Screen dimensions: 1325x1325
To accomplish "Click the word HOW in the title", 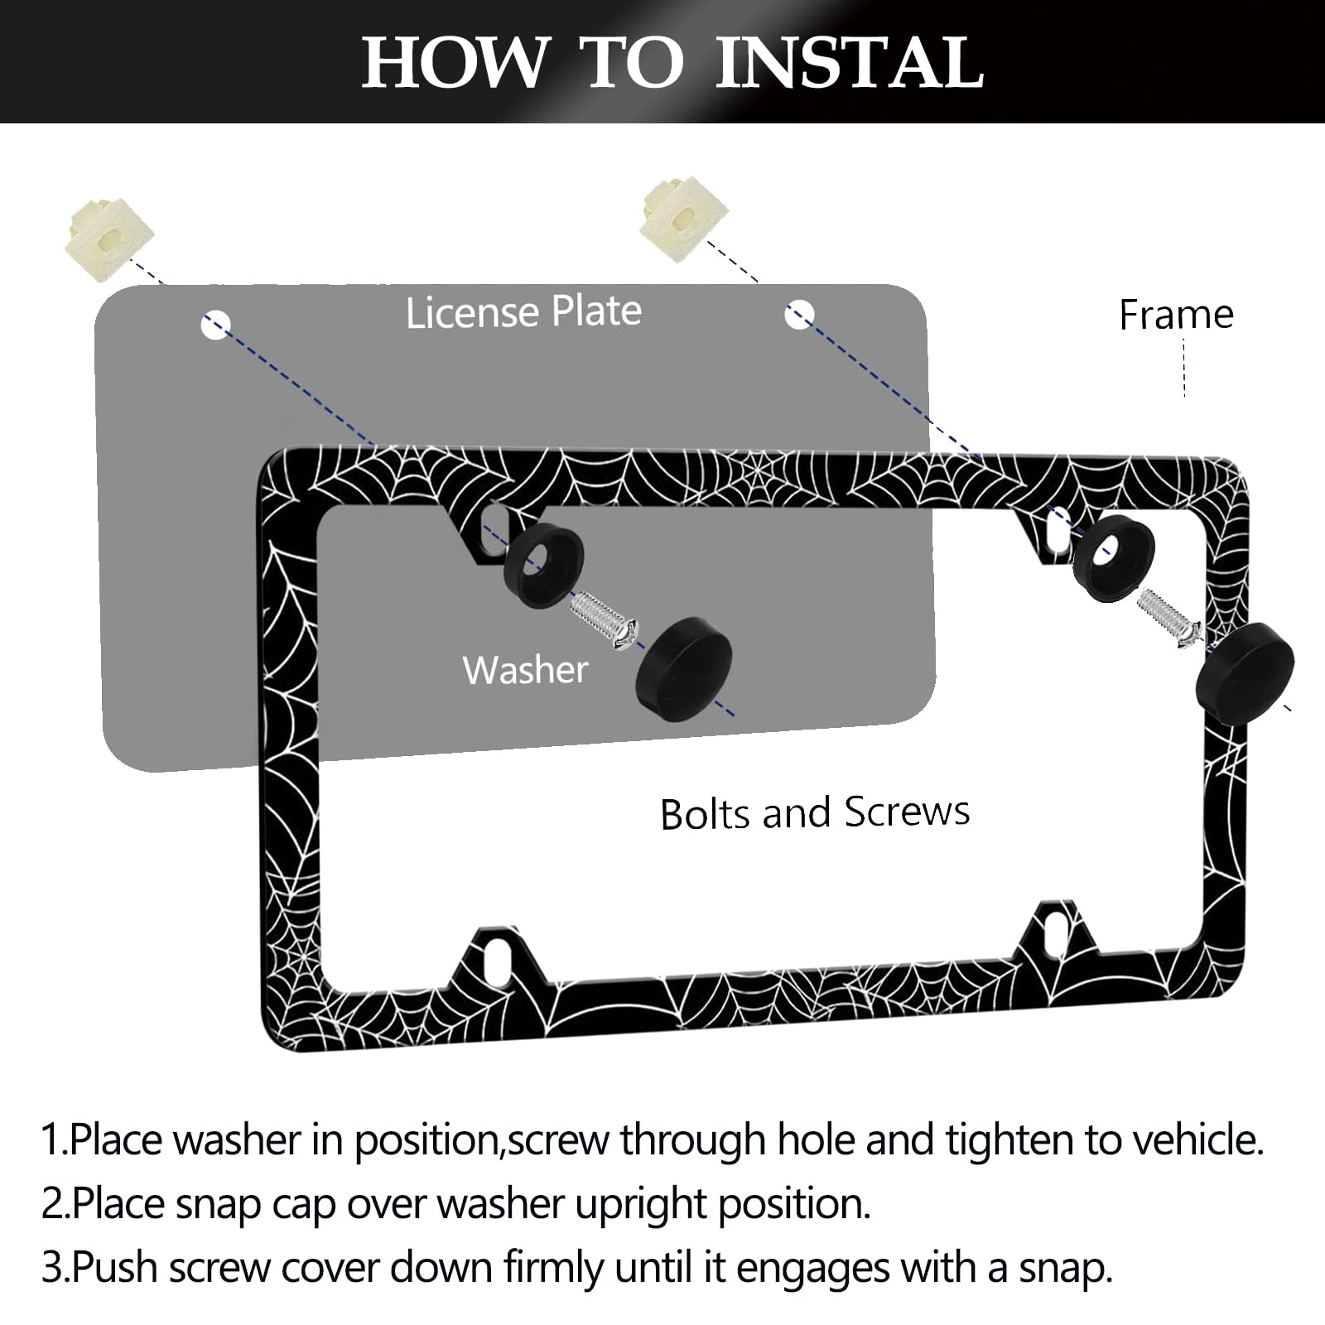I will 455,63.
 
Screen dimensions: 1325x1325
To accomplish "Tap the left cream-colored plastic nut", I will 108,239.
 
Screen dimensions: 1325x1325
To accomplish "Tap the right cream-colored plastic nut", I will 684,219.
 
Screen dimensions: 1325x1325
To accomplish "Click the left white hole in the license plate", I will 215,325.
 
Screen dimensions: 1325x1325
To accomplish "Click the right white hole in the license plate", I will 799,315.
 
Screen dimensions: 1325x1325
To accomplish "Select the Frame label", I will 1175,315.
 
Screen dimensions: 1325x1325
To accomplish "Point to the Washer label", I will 525,670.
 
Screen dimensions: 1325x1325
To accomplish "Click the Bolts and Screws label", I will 815,812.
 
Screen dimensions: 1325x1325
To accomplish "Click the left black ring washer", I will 543,565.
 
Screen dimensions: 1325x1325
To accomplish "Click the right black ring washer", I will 1113,556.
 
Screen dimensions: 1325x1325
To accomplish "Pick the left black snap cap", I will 683,667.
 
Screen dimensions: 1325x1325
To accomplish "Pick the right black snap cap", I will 1245,673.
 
